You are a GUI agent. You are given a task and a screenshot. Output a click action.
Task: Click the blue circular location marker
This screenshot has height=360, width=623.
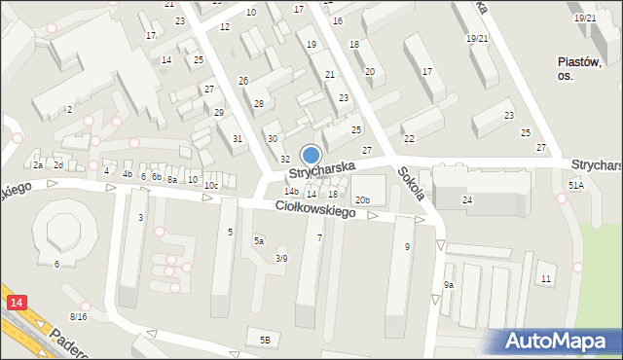[x=311, y=155]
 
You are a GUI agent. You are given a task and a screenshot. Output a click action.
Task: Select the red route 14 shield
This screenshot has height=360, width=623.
[x=14, y=304]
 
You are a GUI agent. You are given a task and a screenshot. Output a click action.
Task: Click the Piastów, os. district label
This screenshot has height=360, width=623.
[x=577, y=68]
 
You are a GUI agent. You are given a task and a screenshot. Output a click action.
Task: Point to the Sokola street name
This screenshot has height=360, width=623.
[x=410, y=184]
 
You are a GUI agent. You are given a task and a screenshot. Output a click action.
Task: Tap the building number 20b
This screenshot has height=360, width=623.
[x=362, y=200]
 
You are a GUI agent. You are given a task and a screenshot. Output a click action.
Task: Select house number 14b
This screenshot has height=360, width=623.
[x=291, y=192]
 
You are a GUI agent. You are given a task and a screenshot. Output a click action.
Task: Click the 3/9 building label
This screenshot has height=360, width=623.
[x=281, y=258]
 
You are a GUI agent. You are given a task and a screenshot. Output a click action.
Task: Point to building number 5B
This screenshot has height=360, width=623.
[x=265, y=340]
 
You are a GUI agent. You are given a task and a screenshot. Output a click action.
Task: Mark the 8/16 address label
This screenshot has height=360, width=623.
[x=79, y=317]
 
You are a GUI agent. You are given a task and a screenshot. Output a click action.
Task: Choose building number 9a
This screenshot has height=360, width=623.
[x=449, y=284]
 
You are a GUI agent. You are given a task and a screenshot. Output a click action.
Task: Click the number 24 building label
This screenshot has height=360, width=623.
[x=467, y=199]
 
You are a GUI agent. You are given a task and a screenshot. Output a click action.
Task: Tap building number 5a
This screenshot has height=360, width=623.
[x=259, y=240]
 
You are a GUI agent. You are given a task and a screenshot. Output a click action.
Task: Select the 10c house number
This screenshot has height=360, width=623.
[x=211, y=185]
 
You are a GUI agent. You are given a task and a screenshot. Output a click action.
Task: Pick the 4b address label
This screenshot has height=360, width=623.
[x=128, y=174]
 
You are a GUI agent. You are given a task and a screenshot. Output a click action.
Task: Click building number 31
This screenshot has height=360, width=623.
[x=238, y=138]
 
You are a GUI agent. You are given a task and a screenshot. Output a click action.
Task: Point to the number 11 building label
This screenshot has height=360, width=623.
[x=545, y=279]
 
